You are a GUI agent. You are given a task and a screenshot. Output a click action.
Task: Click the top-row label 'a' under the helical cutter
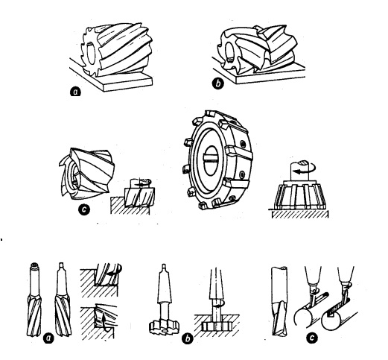[x=75, y=92]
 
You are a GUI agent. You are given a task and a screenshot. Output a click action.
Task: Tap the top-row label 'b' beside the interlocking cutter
[x=217, y=83]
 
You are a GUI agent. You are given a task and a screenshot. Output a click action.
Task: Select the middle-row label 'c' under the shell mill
[x=84, y=210]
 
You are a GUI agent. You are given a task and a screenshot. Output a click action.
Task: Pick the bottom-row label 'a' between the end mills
[x=48, y=338]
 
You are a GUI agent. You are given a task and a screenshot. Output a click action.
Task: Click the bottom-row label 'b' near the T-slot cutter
[x=187, y=338]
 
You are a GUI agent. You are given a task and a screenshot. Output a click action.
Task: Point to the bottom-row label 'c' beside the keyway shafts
[x=311, y=338]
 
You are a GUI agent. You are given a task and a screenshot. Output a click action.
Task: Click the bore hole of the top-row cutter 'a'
[x=90, y=53]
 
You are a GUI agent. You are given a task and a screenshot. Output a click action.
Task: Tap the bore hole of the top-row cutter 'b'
[x=229, y=51]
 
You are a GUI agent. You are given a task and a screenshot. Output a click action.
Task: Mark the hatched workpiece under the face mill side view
[x=300, y=214]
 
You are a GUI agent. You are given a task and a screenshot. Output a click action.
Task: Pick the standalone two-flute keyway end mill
[x=279, y=301]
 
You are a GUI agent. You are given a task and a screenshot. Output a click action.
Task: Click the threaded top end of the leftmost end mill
[x=34, y=266]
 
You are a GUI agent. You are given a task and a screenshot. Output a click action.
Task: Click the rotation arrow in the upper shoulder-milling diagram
[x=115, y=271]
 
